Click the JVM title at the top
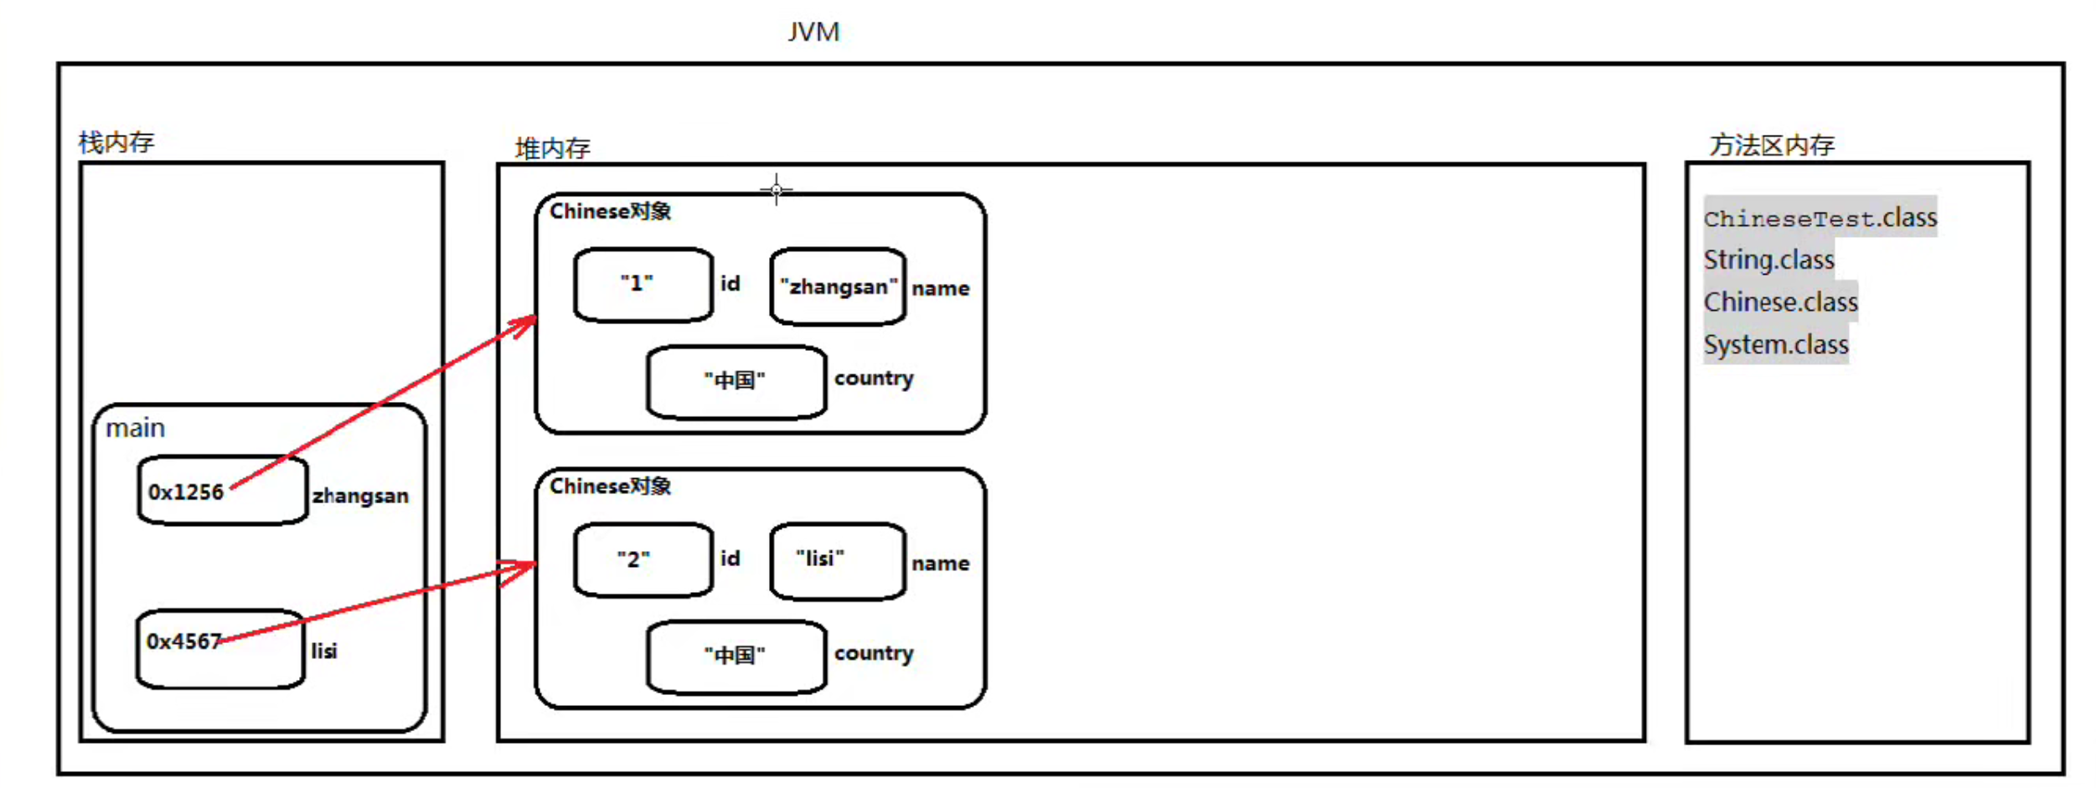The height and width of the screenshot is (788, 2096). tap(813, 32)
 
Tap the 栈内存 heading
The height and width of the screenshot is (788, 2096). tap(116, 142)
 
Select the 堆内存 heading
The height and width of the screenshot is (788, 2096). tap(552, 148)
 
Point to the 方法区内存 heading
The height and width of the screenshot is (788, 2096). tap(1772, 145)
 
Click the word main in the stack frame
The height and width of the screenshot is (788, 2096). tap(135, 428)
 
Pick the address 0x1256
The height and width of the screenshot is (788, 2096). tap(186, 492)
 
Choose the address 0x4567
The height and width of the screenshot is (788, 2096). tap(183, 641)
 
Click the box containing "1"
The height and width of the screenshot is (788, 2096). tap(643, 285)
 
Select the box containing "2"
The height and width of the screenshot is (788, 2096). tap(643, 559)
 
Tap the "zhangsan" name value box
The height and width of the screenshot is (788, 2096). tap(838, 286)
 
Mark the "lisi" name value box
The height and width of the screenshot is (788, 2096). tap(838, 561)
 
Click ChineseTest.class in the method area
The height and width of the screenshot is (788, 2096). tap(1820, 218)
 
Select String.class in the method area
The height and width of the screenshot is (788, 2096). tap(1768, 260)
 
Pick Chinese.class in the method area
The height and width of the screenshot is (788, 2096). tap(1780, 301)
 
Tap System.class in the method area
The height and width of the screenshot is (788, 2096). tap(1775, 344)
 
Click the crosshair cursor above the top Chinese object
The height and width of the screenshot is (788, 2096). tap(777, 190)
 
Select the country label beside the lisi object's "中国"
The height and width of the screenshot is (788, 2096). tap(874, 654)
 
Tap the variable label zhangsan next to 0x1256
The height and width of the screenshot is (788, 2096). tap(360, 496)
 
